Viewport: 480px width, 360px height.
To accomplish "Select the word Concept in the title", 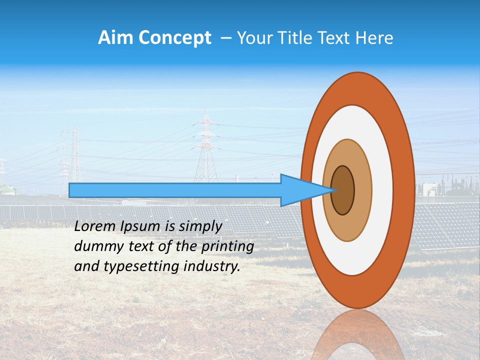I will (175, 38).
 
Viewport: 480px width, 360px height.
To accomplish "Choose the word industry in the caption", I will (211, 266).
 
